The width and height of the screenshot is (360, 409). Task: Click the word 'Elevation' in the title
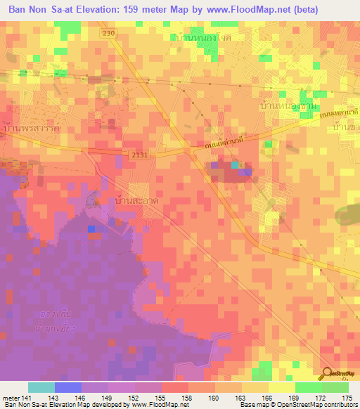(x=92, y=10)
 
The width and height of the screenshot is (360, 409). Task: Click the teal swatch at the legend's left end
(x=41, y=387)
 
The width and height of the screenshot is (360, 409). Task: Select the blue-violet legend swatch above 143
(x=67, y=387)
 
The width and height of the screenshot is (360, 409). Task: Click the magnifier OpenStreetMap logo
(x=328, y=374)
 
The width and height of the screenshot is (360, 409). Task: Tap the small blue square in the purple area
(x=91, y=228)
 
